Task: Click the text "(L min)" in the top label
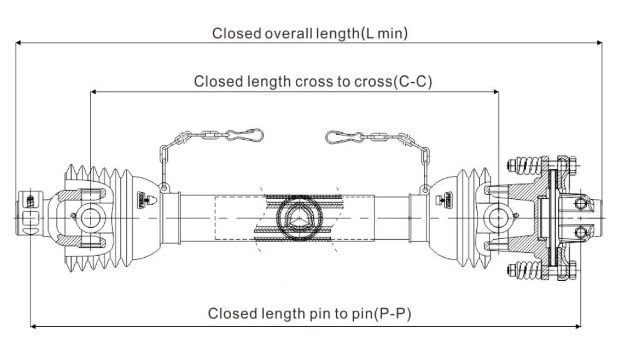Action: coord(385,33)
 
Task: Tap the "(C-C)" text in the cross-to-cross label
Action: coord(409,82)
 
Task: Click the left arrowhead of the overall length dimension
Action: coord(19,43)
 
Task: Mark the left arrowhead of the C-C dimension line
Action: coord(94,92)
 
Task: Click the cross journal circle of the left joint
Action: coord(91,216)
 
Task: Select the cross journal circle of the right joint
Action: coord(498,216)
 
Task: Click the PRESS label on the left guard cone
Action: coord(140,199)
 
